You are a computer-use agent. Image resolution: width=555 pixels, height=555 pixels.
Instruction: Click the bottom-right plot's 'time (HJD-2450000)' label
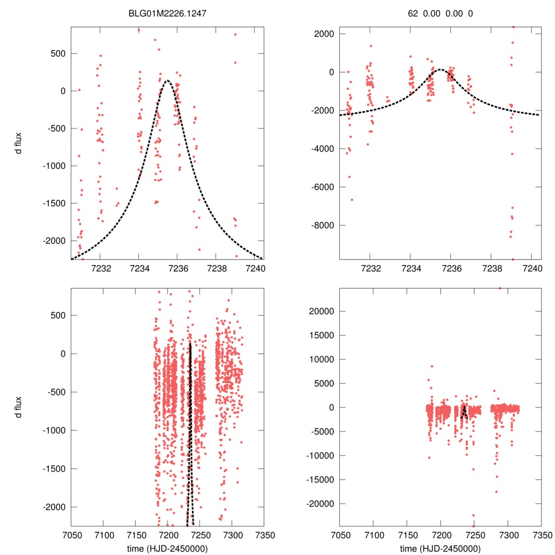[x=440, y=548]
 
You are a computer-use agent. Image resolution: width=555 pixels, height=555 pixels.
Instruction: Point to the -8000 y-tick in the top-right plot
[x=321, y=225]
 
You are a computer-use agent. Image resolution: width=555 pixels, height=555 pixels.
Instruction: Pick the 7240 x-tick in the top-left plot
[x=254, y=268]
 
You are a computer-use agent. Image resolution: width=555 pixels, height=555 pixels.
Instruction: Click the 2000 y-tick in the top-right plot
[x=324, y=34]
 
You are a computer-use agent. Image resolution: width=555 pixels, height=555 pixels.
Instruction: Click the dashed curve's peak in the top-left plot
[x=167, y=81]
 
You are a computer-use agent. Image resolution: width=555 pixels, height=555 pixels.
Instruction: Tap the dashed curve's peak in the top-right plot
[x=440, y=69]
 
